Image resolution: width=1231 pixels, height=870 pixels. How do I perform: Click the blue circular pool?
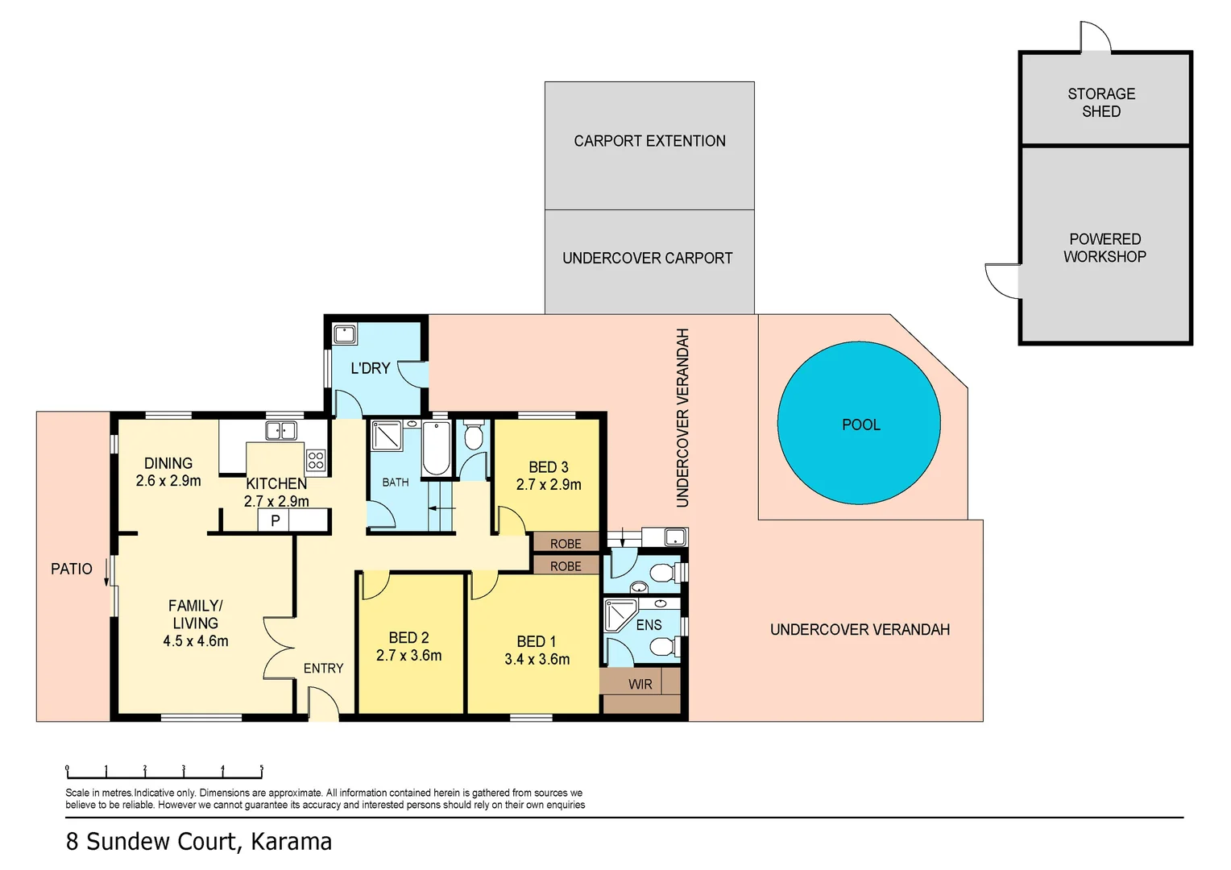tap(859, 424)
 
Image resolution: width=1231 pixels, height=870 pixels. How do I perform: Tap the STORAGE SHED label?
tap(1101, 102)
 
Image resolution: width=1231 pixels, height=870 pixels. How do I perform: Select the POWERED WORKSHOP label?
tap(1105, 247)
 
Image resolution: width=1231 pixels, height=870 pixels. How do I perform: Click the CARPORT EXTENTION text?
tap(649, 141)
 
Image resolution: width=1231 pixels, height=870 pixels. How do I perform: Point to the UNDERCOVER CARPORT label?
tap(647, 259)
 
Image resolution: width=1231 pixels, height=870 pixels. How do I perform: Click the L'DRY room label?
tap(370, 368)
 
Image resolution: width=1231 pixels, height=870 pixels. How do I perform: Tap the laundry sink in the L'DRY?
tap(345, 333)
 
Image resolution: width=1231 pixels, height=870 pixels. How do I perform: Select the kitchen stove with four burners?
tap(316, 460)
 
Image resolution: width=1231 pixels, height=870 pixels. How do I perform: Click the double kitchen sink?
tap(281, 431)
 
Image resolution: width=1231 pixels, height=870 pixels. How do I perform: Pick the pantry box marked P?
tap(275, 520)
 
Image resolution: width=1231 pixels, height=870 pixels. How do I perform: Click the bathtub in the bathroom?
tap(437, 449)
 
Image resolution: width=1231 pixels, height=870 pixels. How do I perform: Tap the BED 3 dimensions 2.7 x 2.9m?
tap(549, 485)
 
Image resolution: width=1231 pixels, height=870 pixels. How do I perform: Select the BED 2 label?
tap(408, 637)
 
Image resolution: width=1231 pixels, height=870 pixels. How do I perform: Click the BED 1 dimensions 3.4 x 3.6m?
tap(537, 659)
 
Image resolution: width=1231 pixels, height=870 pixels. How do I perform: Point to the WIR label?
tap(640, 684)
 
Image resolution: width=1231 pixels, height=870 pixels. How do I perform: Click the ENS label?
tap(649, 625)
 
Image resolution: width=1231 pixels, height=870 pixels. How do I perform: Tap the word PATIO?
tap(72, 569)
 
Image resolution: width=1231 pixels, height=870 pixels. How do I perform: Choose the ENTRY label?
tap(323, 669)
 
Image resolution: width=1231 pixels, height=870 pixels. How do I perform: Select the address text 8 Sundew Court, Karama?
tap(198, 842)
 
